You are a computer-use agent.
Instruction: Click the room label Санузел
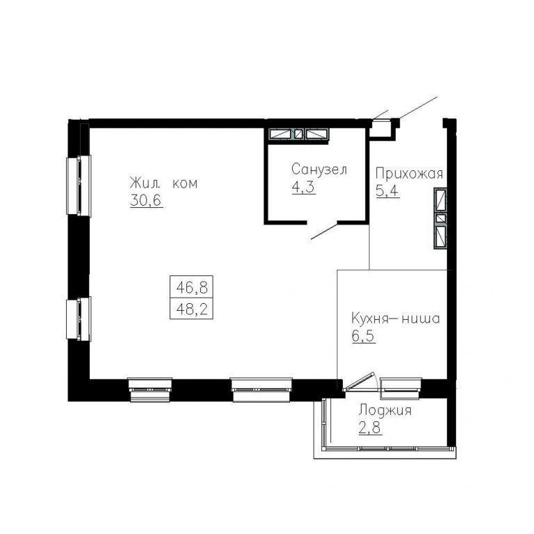tap(319, 169)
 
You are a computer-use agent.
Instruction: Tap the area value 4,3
tap(304, 187)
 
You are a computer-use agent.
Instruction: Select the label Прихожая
tap(409, 174)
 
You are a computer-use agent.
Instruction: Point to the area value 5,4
tap(387, 191)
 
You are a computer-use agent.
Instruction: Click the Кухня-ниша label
tap(396, 318)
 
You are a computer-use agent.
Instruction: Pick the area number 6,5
tap(364, 336)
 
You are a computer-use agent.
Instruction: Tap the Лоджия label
tap(385, 410)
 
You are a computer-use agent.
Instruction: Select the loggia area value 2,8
tap(370, 428)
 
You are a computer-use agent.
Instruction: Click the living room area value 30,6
tap(147, 200)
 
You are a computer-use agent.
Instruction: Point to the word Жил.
tap(145, 184)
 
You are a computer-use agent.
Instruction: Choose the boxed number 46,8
tap(192, 288)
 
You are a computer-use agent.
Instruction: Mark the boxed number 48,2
tap(192, 309)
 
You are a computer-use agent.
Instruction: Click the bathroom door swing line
tap(324, 232)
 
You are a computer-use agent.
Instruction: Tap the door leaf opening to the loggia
tap(359, 381)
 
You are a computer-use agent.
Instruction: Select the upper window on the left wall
tap(79, 186)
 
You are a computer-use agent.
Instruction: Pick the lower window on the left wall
tap(79, 319)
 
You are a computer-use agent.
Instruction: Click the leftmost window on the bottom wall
tap(150, 390)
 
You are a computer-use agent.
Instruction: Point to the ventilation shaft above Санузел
tap(299, 133)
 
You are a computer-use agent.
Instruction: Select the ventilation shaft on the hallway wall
tap(440, 218)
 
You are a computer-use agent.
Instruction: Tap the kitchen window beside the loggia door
tap(400, 388)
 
